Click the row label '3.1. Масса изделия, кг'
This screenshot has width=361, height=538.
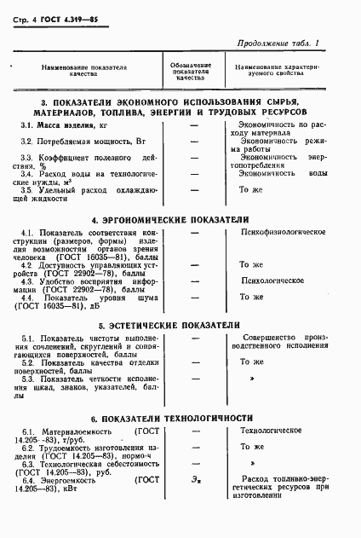pos(69,125)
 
